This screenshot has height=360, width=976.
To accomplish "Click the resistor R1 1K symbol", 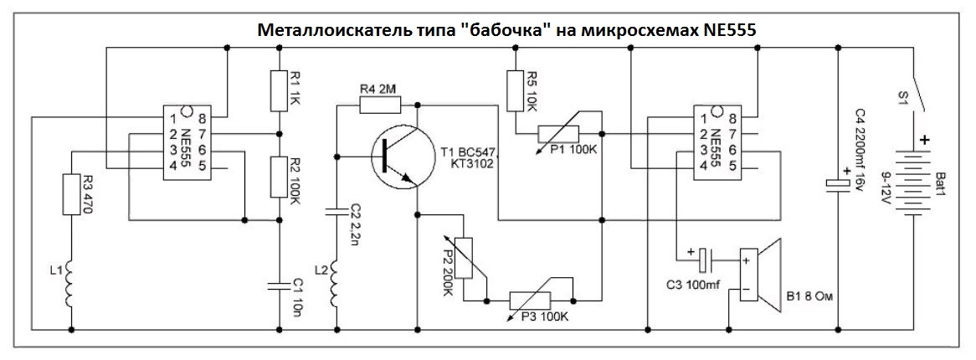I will pos(279,90).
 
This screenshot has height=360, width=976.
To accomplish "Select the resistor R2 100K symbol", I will pos(279,176).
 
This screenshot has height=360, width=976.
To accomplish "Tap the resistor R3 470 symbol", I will pos(73,195).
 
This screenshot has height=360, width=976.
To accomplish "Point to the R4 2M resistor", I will pos(380,104).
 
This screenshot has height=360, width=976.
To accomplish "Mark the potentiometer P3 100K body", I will pos(542,299).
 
